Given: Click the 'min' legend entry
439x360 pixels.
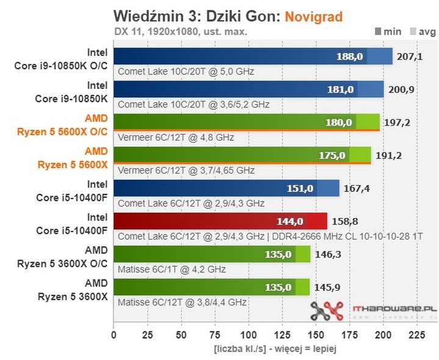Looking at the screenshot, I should [392, 32].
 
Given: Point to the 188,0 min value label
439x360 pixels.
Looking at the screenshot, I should [349, 56].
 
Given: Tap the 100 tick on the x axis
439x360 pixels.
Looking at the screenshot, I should [248, 334].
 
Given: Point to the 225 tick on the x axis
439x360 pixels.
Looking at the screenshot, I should [416, 334].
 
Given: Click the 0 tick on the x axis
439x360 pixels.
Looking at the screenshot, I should [113, 334].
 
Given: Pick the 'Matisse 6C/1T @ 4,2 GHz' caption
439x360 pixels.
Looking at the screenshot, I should [171, 269].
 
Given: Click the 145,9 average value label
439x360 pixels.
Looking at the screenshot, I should [327, 286].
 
